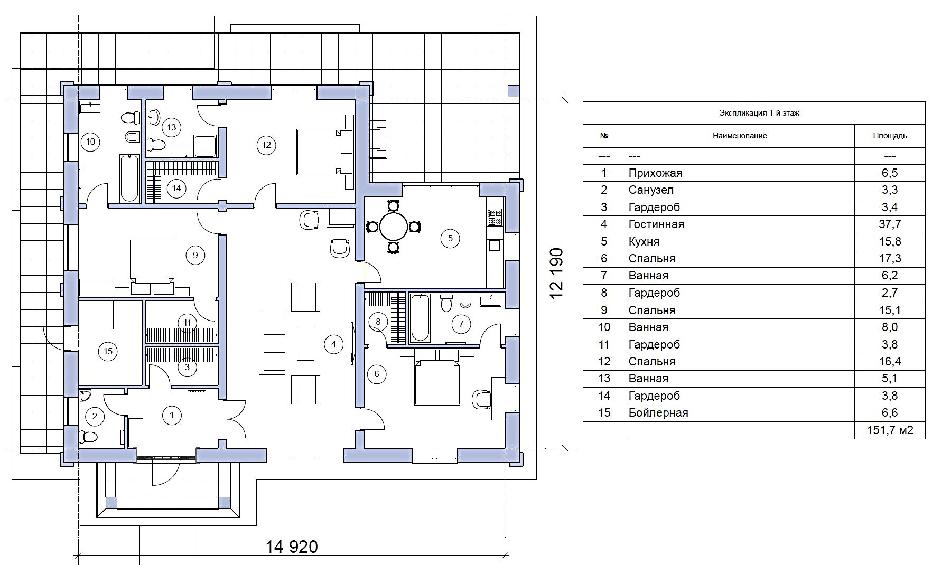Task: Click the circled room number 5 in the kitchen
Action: (450, 238)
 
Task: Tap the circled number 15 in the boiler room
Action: (108, 351)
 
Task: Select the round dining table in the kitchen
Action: (394, 227)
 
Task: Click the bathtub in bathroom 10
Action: (129, 178)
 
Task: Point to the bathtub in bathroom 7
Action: (420, 318)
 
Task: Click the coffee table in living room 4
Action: (305, 343)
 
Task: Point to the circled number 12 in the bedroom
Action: (266, 145)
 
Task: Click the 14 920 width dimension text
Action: (292, 546)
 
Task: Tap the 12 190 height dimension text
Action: (557, 274)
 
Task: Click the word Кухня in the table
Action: (644, 241)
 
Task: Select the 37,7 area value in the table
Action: (890, 224)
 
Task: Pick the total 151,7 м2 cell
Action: (890, 430)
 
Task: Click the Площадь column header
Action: (890, 136)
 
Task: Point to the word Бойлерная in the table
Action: (658, 413)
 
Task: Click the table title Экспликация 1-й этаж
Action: (759, 113)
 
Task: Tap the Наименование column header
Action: (740, 136)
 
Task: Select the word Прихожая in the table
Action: (655, 173)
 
